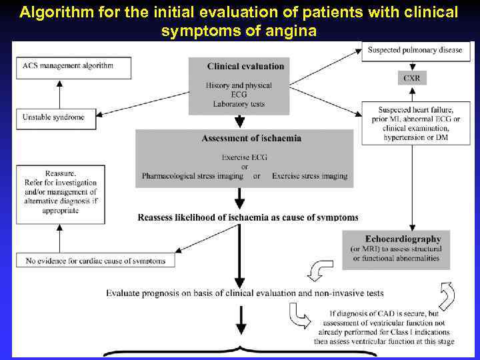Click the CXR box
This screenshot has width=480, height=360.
[x=411, y=78]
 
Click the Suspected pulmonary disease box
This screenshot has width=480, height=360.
[x=415, y=51]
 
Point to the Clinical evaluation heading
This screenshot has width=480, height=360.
[x=245, y=66]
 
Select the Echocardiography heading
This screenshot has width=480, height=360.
[x=403, y=239]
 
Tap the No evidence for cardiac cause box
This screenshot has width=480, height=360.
[x=95, y=260]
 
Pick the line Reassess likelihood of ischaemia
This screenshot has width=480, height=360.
[x=248, y=217]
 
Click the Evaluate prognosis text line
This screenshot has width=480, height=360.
[x=245, y=293]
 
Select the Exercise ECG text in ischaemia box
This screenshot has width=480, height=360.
[x=245, y=158]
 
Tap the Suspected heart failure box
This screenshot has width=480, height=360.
[x=415, y=123]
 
